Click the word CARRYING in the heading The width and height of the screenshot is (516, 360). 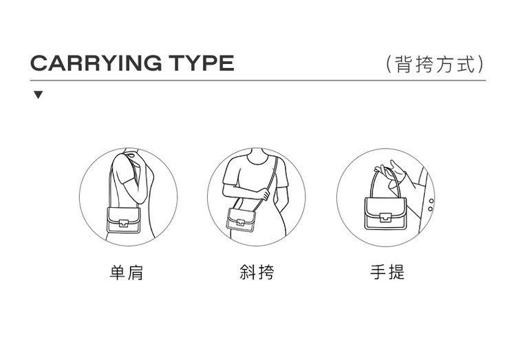coord(96,63)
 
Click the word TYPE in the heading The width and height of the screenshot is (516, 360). coord(202,63)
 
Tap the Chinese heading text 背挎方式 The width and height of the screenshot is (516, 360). coord(436,64)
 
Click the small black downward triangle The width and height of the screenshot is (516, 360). coord(39,95)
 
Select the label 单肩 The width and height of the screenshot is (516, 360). coord(127,273)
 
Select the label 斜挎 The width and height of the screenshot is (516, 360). coord(257,272)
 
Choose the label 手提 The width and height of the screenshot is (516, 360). coord(387,272)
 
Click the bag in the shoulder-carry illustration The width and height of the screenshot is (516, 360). coord(123,220)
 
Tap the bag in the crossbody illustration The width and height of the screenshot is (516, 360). coord(241,221)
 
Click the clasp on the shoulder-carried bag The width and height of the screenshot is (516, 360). coord(123,223)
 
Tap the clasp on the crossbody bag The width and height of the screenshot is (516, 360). coord(241,222)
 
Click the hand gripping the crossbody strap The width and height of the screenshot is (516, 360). coord(265,193)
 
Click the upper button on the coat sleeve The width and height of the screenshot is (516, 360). coord(431,201)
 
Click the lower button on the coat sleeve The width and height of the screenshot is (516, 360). coord(430,209)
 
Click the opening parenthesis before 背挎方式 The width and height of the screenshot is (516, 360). coord(389,64)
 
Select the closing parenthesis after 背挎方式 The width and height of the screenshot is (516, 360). coord(481,64)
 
